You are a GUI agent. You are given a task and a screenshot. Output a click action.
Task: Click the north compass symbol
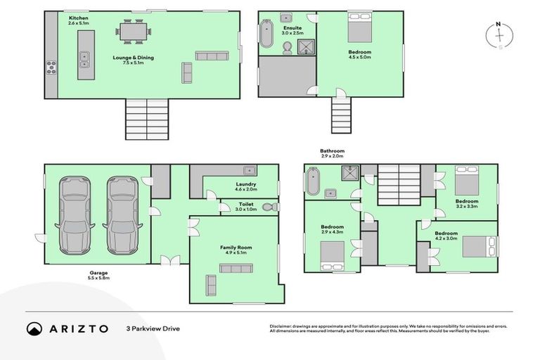499,36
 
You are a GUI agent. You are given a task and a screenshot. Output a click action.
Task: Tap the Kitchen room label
78,20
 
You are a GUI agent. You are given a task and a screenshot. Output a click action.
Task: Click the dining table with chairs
134,32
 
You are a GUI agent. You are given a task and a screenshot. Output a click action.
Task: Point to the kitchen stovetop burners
51,67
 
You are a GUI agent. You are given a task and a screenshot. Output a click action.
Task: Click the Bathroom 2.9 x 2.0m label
332,153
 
